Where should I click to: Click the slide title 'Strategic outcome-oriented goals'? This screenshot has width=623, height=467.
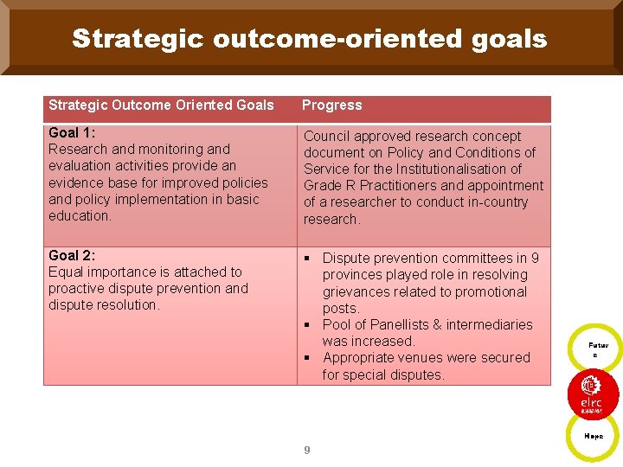(x=310, y=39)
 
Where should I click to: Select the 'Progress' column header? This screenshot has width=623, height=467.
(x=332, y=106)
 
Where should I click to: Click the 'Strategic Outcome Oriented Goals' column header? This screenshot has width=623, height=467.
(x=161, y=106)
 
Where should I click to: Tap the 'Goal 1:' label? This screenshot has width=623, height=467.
(x=72, y=132)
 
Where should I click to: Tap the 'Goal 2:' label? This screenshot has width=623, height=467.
(x=72, y=255)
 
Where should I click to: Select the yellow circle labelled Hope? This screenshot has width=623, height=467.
(x=594, y=436)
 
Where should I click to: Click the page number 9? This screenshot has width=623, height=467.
(x=306, y=450)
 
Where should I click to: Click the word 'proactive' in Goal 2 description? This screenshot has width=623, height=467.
(x=77, y=289)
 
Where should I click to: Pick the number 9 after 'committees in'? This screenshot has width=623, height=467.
(x=535, y=259)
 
